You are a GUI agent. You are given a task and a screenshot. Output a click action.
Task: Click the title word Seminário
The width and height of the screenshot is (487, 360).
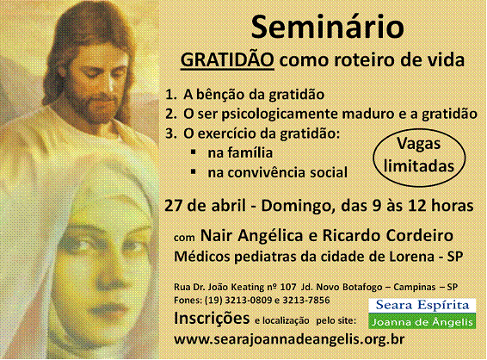pos(327,28)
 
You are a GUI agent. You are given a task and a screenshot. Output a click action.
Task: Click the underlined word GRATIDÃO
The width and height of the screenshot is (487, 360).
pos(227,59)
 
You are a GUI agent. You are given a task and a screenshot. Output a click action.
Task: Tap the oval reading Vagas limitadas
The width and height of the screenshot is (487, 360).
pos(419,158)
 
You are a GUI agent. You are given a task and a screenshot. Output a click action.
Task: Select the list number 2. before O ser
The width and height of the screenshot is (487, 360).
pos(171,114)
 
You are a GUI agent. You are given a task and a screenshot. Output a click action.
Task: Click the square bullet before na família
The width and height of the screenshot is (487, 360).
pos(194,152)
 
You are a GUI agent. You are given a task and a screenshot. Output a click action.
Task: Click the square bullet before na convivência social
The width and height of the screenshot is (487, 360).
pos(194,171)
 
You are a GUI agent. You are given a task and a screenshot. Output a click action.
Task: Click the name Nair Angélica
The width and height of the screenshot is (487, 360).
pos(251,235)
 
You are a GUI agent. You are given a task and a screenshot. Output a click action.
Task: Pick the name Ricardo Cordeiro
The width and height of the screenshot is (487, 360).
pos(387,235)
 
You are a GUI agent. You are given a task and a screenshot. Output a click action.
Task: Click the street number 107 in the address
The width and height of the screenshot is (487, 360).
pos(288,287)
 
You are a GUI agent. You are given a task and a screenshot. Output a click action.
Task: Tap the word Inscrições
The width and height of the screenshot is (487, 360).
pos(212,319)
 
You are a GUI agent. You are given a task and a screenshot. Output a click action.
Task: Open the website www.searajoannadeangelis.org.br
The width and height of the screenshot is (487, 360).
pos(289,339)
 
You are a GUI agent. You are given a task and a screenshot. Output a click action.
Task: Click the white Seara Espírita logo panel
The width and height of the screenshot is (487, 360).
pos(422,306)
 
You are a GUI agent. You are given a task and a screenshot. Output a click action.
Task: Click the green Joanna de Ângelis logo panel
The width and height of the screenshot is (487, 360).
pos(422,321)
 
